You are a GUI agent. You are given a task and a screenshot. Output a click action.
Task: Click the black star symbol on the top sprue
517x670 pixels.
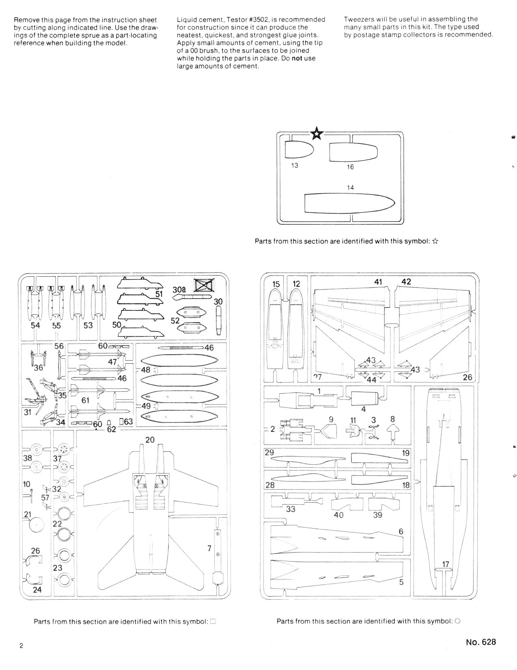point(317,133)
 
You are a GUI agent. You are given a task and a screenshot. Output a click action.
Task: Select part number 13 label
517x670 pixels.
point(295,165)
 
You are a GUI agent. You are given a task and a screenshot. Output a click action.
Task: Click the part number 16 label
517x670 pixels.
point(350,167)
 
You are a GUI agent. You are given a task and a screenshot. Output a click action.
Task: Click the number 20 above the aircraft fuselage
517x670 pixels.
point(150,440)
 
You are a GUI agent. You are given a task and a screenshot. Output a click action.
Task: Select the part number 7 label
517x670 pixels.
point(209,549)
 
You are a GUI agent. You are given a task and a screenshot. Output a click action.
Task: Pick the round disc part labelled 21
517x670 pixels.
point(37,525)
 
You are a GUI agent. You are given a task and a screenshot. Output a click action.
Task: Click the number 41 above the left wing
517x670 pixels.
point(378,282)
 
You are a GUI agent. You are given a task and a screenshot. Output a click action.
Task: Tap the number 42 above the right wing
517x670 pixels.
point(406,282)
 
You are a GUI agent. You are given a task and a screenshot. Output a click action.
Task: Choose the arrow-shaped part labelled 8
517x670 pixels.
point(392,432)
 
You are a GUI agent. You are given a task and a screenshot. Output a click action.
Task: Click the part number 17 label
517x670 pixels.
point(446,564)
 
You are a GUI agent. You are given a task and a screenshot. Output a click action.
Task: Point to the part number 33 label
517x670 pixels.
point(291,509)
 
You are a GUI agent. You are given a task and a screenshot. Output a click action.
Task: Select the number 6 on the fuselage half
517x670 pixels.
point(401,531)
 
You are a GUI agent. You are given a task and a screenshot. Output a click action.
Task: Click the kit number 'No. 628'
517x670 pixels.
point(481,642)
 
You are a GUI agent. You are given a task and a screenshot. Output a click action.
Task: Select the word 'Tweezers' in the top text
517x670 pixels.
point(357,19)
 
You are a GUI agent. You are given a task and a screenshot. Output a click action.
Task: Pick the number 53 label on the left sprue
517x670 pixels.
point(88,325)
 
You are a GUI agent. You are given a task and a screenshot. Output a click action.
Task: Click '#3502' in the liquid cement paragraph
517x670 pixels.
point(258,20)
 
